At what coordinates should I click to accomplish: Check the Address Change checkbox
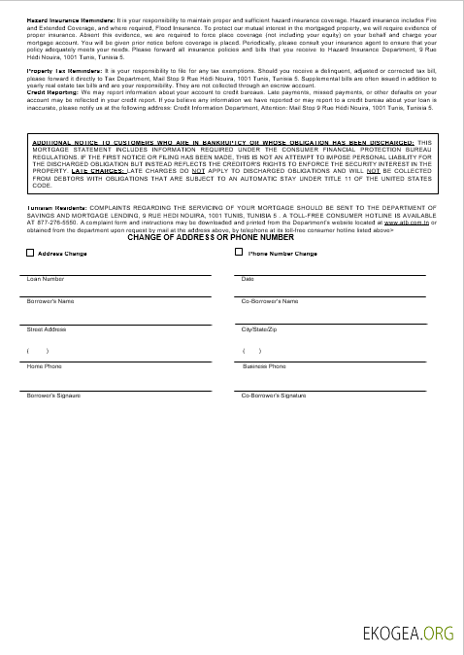[31, 254]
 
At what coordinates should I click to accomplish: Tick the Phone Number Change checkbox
[240, 253]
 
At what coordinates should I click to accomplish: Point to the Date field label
[248, 279]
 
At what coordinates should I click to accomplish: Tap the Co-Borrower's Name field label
[269, 301]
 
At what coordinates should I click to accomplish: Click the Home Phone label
[44, 366]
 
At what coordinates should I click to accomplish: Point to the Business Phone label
[263, 366]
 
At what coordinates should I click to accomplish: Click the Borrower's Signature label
[53, 396]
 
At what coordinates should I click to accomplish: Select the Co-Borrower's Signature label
[274, 396]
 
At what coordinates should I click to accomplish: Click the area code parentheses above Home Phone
[38, 351]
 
